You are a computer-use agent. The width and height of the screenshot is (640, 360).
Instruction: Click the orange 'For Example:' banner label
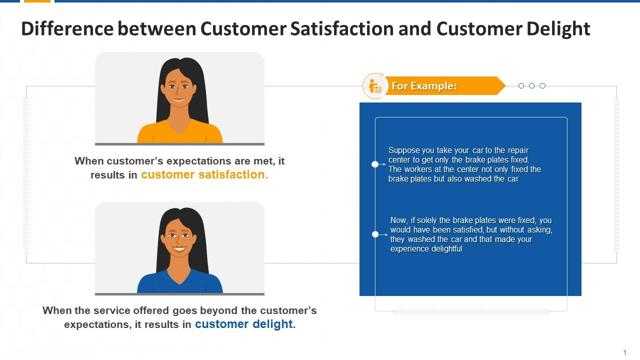point(424,86)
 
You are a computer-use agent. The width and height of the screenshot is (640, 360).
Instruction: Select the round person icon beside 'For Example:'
point(374,86)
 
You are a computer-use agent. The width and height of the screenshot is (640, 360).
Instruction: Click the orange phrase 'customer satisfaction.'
point(204,175)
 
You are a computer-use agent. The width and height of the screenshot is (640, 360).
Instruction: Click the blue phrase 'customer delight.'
point(245,324)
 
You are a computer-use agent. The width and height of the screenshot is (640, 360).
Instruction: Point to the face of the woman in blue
point(179,239)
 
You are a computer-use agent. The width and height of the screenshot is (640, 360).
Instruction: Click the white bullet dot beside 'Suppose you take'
point(375,164)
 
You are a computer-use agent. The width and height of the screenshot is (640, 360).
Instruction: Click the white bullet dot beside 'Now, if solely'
point(375,234)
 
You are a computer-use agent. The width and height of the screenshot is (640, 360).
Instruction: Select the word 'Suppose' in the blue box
point(402,150)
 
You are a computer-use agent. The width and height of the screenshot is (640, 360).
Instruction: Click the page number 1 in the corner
point(625,352)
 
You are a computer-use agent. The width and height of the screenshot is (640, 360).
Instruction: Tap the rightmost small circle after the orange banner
point(542,86)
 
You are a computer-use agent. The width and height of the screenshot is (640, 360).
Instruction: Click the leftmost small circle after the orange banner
point(521,86)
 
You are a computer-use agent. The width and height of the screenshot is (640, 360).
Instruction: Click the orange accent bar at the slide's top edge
point(37,1)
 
